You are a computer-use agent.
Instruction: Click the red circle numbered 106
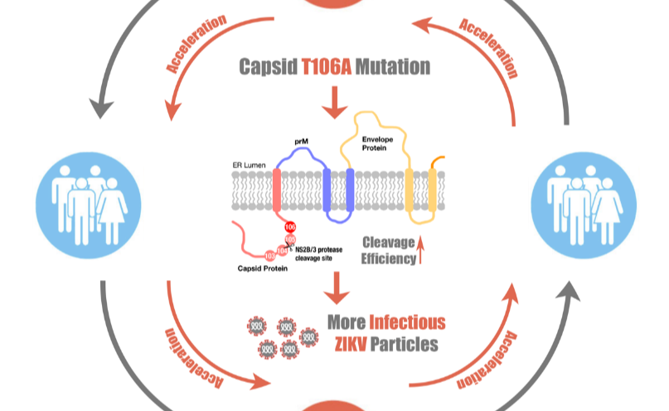(290, 227)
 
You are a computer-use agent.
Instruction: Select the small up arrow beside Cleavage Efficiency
(422, 248)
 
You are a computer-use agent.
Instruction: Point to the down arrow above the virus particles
(335, 289)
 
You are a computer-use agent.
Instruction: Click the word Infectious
(407, 322)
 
